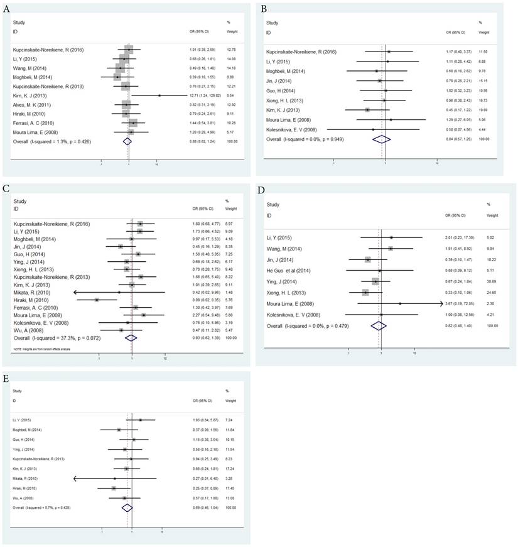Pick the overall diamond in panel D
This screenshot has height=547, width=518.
click(x=379, y=327)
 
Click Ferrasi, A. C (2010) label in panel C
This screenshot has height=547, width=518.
click(x=33, y=306)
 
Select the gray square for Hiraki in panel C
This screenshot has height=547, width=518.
click(x=97, y=300)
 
